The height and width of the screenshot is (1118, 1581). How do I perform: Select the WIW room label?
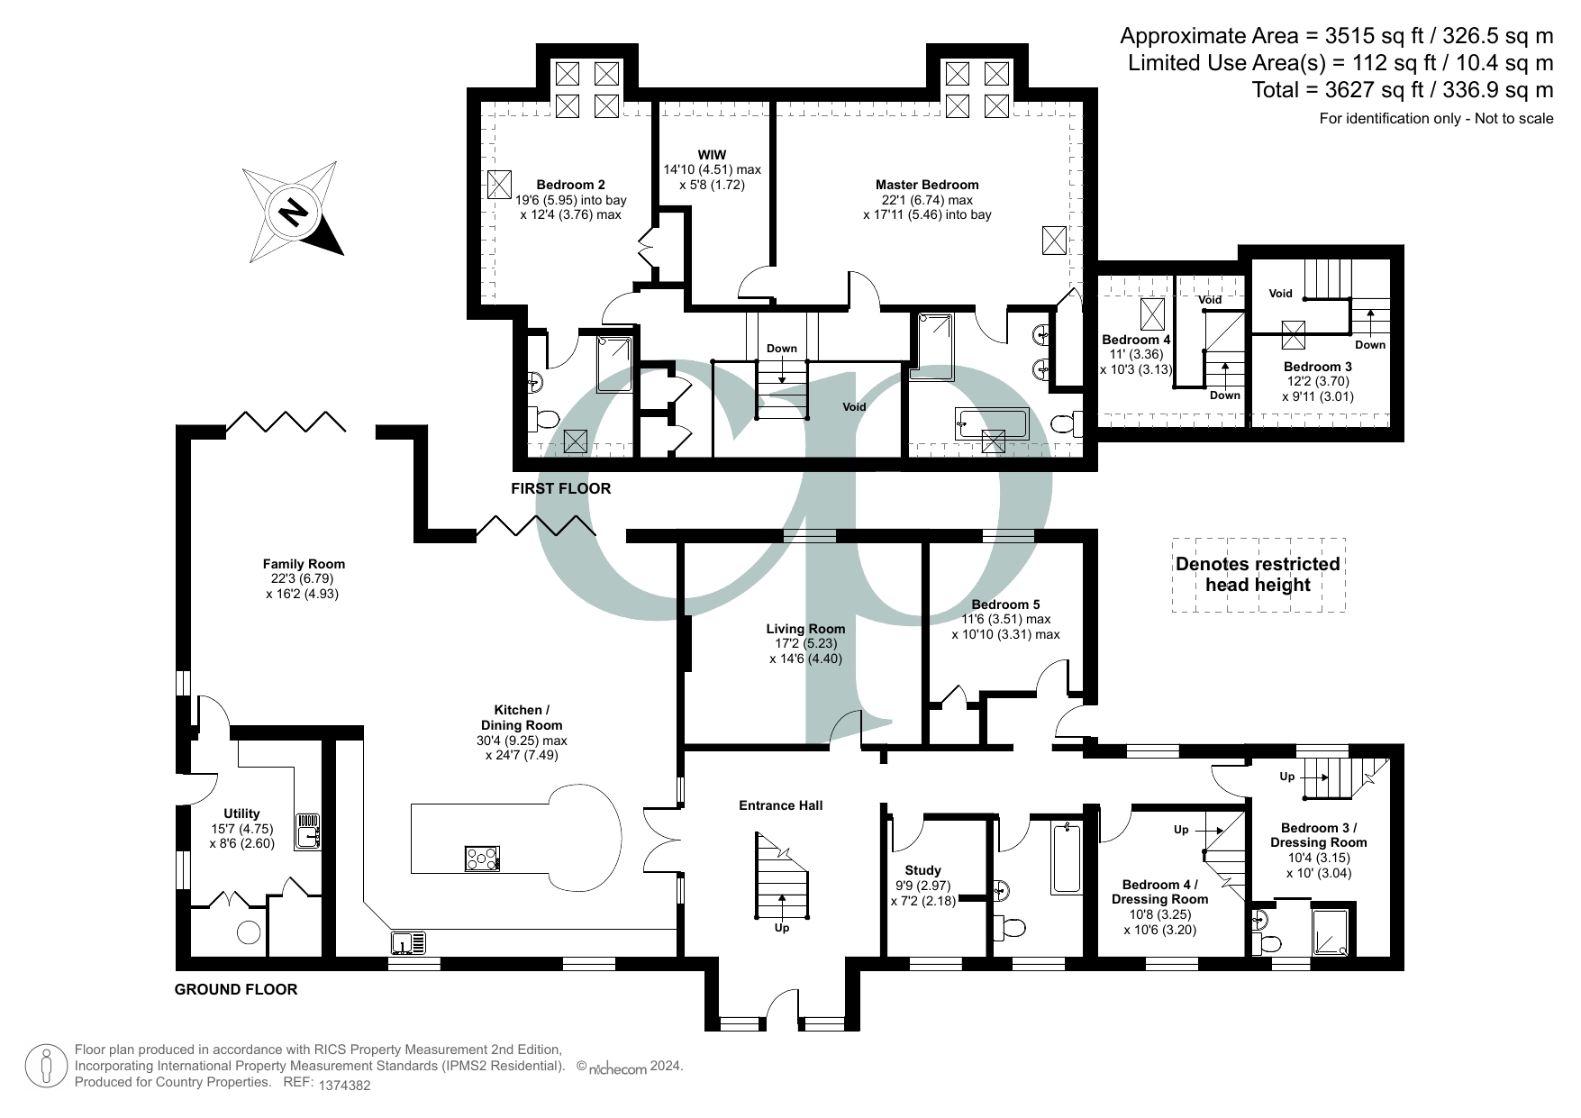click(712, 155)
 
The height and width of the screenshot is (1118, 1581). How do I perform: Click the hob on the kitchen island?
click(482, 859)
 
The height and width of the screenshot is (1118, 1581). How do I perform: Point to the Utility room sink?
click(309, 830)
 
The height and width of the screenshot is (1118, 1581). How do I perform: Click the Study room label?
click(922, 870)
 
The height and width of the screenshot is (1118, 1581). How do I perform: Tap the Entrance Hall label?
click(780, 805)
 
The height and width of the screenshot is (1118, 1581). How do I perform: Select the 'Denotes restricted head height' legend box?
click(1258, 575)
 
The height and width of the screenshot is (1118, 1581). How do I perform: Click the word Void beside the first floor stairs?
click(854, 406)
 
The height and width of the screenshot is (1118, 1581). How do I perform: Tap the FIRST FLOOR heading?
click(560, 488)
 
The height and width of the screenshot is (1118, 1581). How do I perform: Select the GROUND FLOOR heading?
click(235, 989)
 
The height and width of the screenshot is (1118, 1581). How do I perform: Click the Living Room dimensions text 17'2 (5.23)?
click(805, 644)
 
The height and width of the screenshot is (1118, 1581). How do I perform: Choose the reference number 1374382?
click(345, 1086)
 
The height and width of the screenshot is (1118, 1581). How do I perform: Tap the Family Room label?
click(304, 564)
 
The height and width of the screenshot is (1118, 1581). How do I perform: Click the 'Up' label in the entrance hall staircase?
click(781, 928)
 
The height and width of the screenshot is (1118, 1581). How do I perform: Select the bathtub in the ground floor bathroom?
click(1066, 857)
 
